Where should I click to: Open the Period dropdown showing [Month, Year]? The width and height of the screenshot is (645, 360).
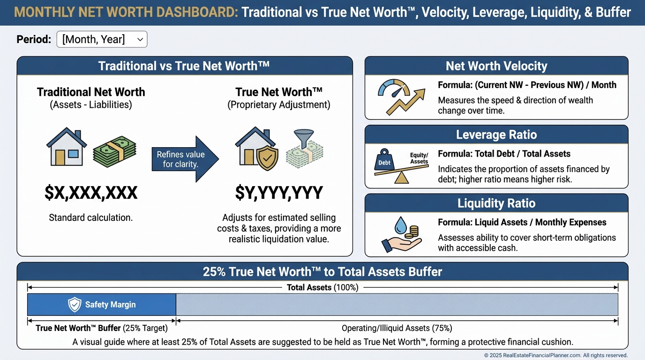coord(102,39)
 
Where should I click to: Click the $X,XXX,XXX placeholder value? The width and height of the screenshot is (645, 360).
coord(91,193)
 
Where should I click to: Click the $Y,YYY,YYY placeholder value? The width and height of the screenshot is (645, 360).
coord(279,193)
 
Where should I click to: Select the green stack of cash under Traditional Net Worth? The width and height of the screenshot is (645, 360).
coord(114,151)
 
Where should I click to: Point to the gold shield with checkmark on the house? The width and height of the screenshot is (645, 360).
coord(267,158)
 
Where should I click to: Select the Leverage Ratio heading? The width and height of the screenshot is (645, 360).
coord(496,135)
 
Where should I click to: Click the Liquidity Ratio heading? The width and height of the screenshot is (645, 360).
coord(496,203)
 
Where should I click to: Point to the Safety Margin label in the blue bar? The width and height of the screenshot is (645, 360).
coord(110,304)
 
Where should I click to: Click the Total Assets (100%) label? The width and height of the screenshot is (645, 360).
coord(322,287)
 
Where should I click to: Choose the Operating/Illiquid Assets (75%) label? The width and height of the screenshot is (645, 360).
coord(397,328)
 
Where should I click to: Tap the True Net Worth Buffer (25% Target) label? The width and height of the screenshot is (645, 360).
coord(102,328)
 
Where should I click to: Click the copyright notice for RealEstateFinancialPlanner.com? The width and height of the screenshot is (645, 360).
coord(556,355)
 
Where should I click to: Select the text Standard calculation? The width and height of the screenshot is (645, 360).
coord(91,217)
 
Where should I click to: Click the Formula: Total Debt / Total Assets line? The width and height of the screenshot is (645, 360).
coord(504,154)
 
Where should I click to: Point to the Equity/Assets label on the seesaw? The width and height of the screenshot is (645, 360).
coord(419,158)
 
